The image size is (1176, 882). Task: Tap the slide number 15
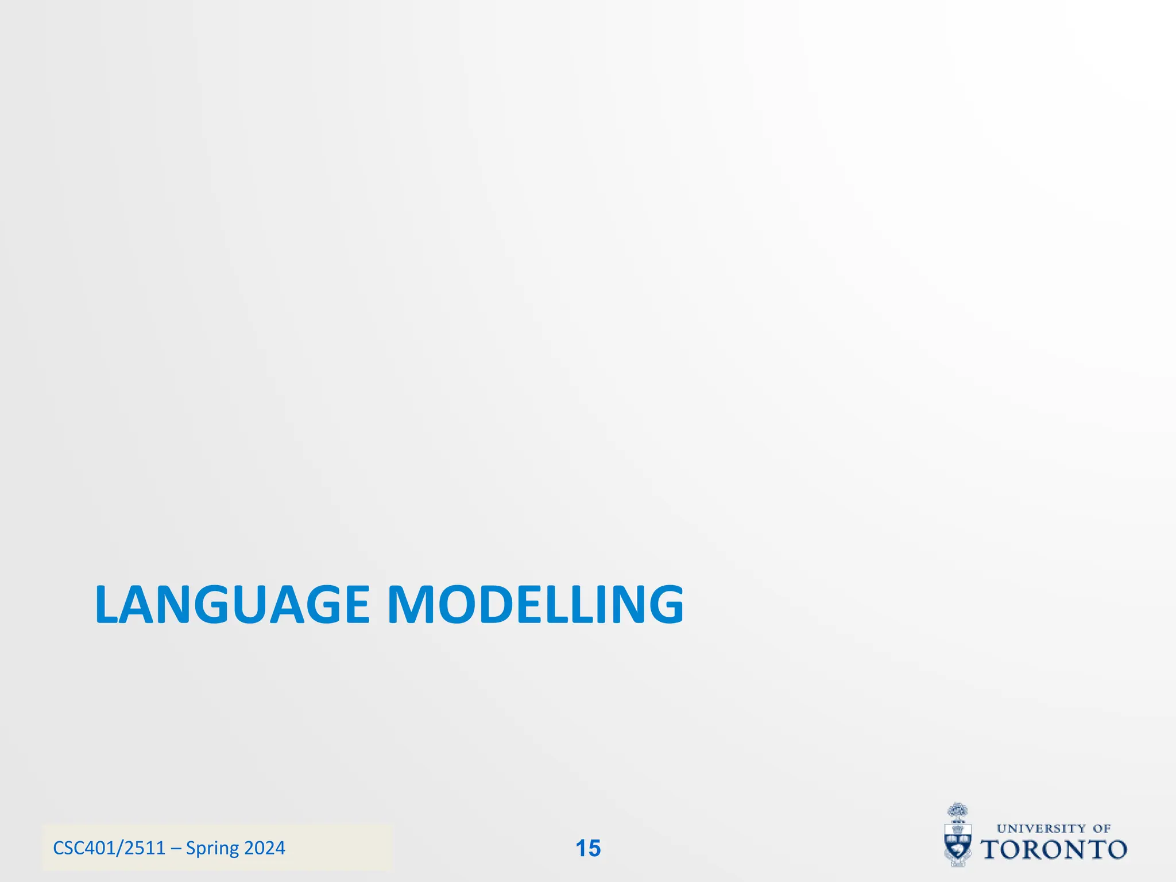[588, 848]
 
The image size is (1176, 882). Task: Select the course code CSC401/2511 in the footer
[109, 848]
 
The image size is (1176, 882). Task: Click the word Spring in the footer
[212, 849]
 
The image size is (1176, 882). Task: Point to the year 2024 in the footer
[265, 848]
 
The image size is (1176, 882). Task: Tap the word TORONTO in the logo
[1054, 850]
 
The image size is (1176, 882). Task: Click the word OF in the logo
[1101, 829]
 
